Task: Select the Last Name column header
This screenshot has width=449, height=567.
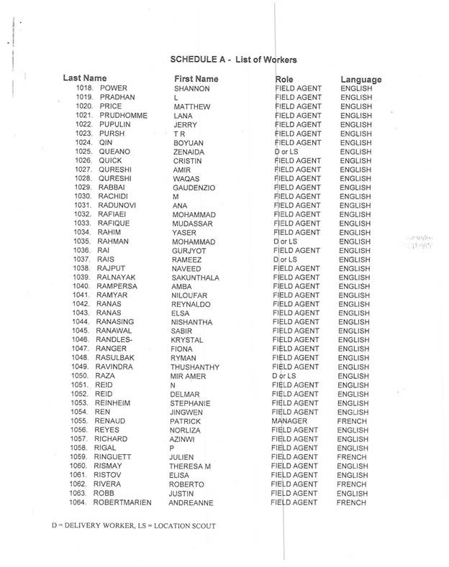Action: click(x=85, y=78)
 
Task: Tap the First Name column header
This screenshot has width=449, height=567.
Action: click(x=197, y=78)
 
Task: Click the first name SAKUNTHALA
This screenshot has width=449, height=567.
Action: click(x=196, y=277)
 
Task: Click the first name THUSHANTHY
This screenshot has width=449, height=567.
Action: click(x=197, y=366)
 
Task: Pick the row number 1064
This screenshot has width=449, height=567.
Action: click(x=86, y=502)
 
